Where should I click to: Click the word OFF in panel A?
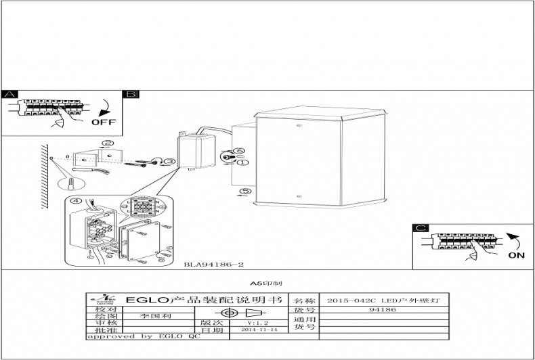pyautogui.click(x=104, y=122)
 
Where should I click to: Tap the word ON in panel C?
pyautogui.click(x=517, y=256)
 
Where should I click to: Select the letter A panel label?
pyautogui.click(x=9, y=95)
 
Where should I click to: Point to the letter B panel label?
pyautogui.click(x=131, y=95)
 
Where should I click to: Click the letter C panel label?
pyautogui.click(x=421, y=229)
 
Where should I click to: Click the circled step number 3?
pyautogui.click(x=170, y=161)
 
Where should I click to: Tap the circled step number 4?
pyautogui.click(x=77, y=201)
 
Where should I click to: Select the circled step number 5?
pyautogui.click(x=245, y=191)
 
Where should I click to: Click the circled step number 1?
pyautogui.click(x=243, y=162)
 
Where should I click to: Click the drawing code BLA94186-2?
pyautogui.click(x=214, y=265)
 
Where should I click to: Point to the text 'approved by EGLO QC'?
pyautogui.click(x=143, y=336)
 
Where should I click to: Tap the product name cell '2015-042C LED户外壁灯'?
pyautogui.click(x=383, y=299)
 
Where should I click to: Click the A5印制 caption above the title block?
pyautogui.click(x=267, y=285)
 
